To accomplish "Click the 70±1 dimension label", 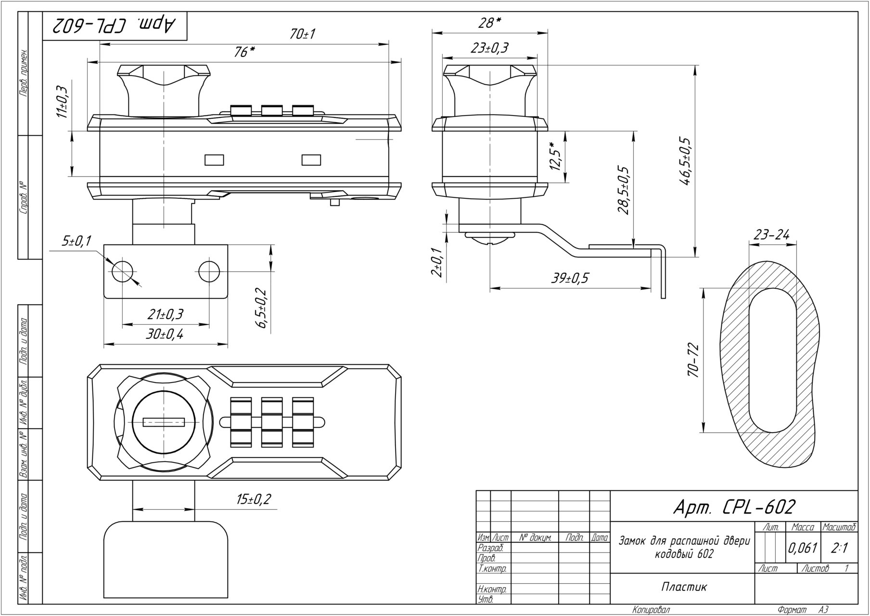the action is pyautogui.click(x=303, y=34).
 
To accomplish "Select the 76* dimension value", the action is pyautogui.click(x=244, y=52).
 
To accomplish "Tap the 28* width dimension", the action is pyautogui.click(x=490, y=22).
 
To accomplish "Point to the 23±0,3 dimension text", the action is pyautogui.click(x=489, y=47).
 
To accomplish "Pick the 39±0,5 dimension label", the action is pyautogui.click(x=570, y=278).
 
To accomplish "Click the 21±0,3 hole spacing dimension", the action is pyautogui.click(x=165, y=314).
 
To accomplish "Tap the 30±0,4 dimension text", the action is pyautogui.click(x=165, y=334).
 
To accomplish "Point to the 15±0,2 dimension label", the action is pyautogui.click(x=254, y=500).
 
